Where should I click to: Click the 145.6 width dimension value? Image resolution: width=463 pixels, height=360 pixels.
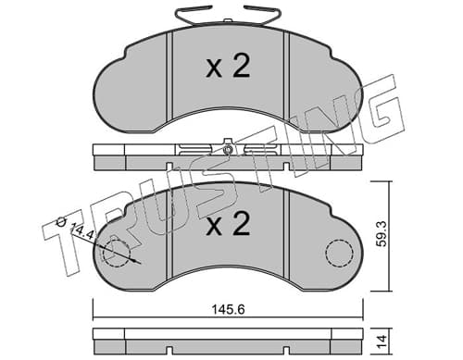(x=228, y=309)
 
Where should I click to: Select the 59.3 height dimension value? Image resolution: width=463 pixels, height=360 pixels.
(x=382, y=236)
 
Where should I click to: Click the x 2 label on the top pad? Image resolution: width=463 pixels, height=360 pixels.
(x=228, y=67)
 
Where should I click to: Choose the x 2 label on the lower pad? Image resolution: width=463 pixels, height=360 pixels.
(x=228, y=224)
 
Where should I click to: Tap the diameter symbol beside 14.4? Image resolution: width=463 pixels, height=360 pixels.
(x=62, y=221)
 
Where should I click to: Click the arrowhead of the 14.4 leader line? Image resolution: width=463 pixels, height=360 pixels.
(x=137, y=262)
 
